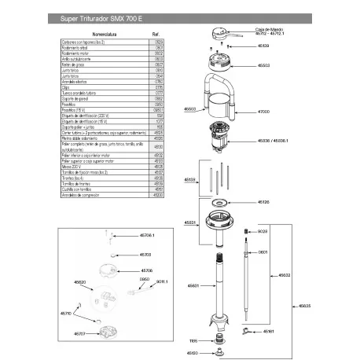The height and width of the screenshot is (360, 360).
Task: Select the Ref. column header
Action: point(156,35)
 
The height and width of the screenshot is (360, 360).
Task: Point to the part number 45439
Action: point(262,46)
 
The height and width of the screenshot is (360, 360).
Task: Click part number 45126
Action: point(263,202)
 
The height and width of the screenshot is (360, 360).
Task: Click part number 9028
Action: point(263,232)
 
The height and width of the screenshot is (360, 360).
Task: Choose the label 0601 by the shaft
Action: point(263,252)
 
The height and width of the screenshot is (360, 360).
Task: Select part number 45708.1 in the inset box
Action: point(147,235)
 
